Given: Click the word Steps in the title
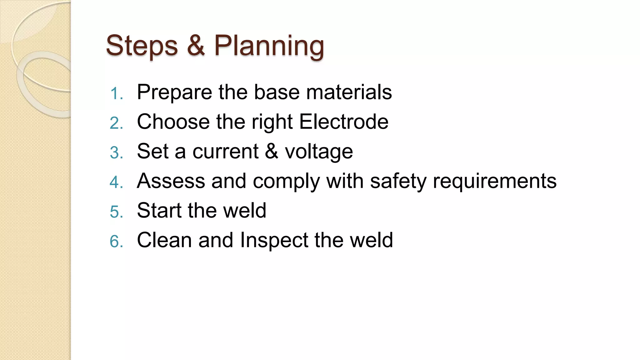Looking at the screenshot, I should (x=142, y=46).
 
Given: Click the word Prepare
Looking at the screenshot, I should (x=174, y=92).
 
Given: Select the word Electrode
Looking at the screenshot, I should (x=344, y=122).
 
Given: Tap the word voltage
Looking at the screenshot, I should (x=319, y=152).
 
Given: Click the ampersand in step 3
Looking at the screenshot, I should (x=271, y=151).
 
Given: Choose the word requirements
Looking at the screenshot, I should (x=494, y=181).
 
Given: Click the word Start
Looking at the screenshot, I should (x=159, y=210).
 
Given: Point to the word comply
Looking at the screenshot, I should (x=286, y=181).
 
